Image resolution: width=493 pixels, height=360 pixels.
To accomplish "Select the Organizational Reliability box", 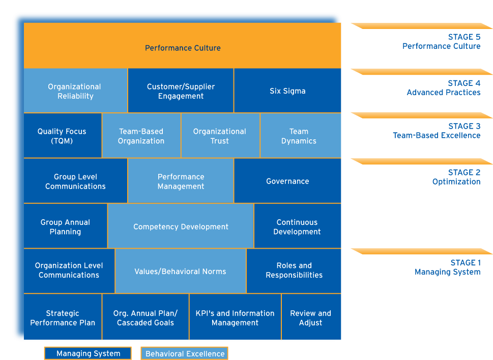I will (x=75, y=91).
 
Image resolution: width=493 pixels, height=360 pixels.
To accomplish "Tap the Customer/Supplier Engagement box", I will (x=181, y=91).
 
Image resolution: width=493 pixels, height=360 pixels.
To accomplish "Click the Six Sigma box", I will (x=287, y=91).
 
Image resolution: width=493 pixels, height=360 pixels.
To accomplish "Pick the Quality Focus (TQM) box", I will (x=62, y=136).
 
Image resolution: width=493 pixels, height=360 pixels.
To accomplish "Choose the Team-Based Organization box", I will (x=141, y=136).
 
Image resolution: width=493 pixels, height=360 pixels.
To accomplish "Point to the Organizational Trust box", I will (x=220, y=136).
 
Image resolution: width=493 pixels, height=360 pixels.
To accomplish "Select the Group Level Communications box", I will (x=75, y=181).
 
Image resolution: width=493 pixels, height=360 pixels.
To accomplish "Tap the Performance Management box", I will (x=181, y=181).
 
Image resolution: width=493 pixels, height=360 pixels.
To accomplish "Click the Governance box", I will (x=287, y=181).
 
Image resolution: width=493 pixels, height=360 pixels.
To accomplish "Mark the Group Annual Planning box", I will (x=65, y=226).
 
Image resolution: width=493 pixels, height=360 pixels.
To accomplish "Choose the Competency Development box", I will (x=181, y=226).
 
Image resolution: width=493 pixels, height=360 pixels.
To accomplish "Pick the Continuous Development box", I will (x=297, y=226).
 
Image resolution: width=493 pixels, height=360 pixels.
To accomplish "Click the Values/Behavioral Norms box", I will (x=180, y=271).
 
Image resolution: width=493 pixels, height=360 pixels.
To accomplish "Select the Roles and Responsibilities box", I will (x=294, y=270).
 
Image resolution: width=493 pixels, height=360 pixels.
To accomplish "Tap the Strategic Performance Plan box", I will (x=63, y=317).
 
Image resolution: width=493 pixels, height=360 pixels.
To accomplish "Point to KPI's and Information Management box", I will (x=235, y=317).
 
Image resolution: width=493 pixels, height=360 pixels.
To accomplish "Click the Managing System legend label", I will (x=88, y=353).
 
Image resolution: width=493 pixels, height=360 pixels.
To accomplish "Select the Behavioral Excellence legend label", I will (x=184, y=353).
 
